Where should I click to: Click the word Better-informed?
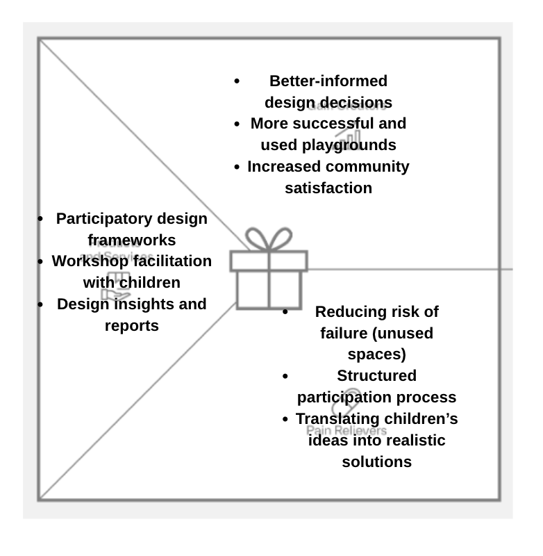click(328, 81)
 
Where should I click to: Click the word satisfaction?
click(328, 188)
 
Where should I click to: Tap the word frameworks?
click(132, 240)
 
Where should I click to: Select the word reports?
click(132, 326)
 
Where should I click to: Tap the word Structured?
click(377, 376)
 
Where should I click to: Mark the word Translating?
click(337, 419)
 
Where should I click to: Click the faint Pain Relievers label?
click(346, 431)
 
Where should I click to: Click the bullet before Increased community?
click(237, 167)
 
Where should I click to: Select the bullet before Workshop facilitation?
click(42, 262)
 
